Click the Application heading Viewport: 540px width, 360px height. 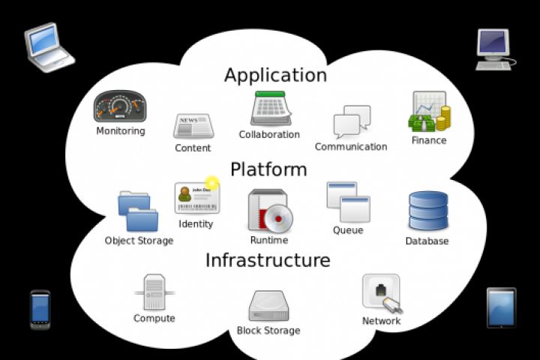pos(275,75)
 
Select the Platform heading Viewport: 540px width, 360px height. pos(268,169)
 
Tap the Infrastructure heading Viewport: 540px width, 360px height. pos(268,260)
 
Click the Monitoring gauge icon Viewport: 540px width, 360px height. pos(119,107)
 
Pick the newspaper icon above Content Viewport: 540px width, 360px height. pos(193,126)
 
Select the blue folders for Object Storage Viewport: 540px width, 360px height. pos(139,211)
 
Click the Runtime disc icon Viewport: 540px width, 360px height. pos(270,211)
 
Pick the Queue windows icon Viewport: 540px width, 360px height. pos(349,202)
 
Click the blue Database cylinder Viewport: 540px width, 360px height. pos(428,211)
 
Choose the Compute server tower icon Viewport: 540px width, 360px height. pos(154,292)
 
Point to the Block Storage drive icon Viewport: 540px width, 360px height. pos(268,306)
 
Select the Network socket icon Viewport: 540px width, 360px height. pos(381,292)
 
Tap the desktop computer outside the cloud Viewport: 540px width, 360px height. pos(493,49)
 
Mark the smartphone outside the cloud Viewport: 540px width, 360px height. pos(40,309)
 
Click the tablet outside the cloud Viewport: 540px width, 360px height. pos(501,307)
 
